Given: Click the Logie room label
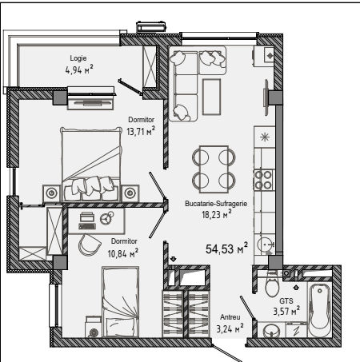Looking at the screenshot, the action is click(78, 58).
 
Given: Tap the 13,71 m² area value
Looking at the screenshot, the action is click(141, 131).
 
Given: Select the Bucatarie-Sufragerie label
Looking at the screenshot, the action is click(216, 204).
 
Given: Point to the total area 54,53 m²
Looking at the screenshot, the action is click(226, 249).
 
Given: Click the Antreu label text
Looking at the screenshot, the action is click(230, 317).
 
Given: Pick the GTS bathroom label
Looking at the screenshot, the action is click(286, 301).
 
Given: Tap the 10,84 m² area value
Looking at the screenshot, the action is click(122, 253).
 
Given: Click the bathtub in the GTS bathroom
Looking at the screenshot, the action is click(319, 310).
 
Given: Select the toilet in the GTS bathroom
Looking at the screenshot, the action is click(272, 284).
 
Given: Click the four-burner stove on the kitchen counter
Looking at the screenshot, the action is click(263, 180).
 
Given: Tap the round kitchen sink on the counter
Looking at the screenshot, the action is click(265, 245).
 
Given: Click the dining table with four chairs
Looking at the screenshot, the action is click(214, 169).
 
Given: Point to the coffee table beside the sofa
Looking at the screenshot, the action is click(211, 97).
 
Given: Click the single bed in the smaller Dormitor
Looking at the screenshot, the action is click(121, 302).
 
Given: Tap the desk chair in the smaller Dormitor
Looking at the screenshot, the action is click(90, 245).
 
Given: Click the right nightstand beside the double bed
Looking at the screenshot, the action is click(130, 193).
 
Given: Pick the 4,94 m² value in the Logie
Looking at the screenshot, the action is click(79, 70).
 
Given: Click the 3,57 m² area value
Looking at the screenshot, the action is click(286, 311).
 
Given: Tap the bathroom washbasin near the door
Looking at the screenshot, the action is click(271, 330).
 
